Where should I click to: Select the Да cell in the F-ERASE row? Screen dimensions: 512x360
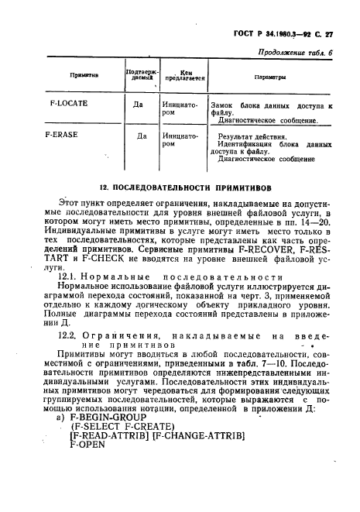(x=142, y=136)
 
